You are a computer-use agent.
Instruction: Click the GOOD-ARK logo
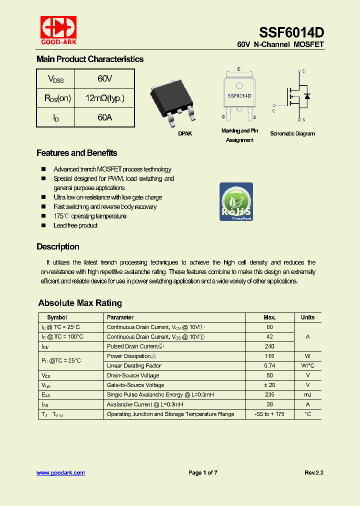tap(58, 30)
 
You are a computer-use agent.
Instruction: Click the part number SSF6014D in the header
tap(291, 32)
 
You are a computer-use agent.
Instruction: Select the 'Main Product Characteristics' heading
tap(90, 59)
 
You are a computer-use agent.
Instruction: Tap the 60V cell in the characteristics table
tap(104, 79)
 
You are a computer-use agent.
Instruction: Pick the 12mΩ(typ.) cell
tap(104, 98)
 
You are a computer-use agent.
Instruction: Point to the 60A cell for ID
tap(104, 117)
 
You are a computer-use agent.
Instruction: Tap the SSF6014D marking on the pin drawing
tap(239, 95)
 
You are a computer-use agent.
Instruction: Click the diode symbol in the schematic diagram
tap(307, 96)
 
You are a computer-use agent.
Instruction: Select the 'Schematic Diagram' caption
tap(292, 134)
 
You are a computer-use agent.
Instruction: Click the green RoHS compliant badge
tap(236, 202)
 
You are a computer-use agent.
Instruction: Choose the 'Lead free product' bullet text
tap(75, 225)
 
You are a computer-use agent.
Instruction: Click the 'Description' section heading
tap(58, 247)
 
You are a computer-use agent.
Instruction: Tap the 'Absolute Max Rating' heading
tap(80, 303)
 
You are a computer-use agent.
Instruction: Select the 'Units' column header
tap(307, 317)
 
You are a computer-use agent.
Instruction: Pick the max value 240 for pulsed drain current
tap(269, 346)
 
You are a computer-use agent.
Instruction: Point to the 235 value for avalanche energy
tap(269, 394)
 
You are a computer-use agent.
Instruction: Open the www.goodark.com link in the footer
tap(60, 473)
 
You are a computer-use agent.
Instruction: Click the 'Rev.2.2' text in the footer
tap(314, 473)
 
